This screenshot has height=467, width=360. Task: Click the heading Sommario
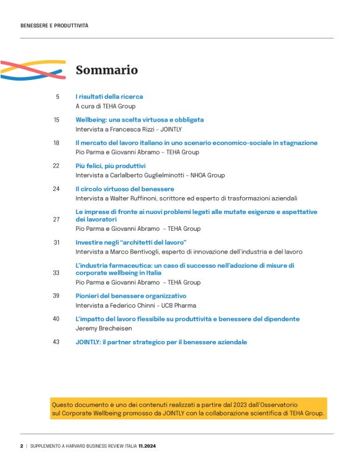pos(106,70)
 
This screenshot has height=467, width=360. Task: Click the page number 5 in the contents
pos(58,97)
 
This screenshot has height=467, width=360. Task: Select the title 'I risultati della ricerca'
pos(109,97)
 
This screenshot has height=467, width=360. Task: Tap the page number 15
pos(56,120)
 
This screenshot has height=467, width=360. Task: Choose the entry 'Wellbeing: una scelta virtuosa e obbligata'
pos(140,120)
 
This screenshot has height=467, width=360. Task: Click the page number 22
pos(56,166)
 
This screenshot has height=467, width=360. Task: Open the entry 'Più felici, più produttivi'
pos(110,166)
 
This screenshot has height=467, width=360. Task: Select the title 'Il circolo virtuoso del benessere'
pos(125,189)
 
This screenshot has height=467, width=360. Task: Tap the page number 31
pos(56,242)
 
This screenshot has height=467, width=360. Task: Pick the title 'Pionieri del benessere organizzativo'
pos(131,296)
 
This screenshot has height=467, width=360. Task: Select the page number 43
pos(56,342)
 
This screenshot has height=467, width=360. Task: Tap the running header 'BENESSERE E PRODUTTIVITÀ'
pos(54,25)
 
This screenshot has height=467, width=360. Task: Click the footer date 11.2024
pos(147,446)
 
